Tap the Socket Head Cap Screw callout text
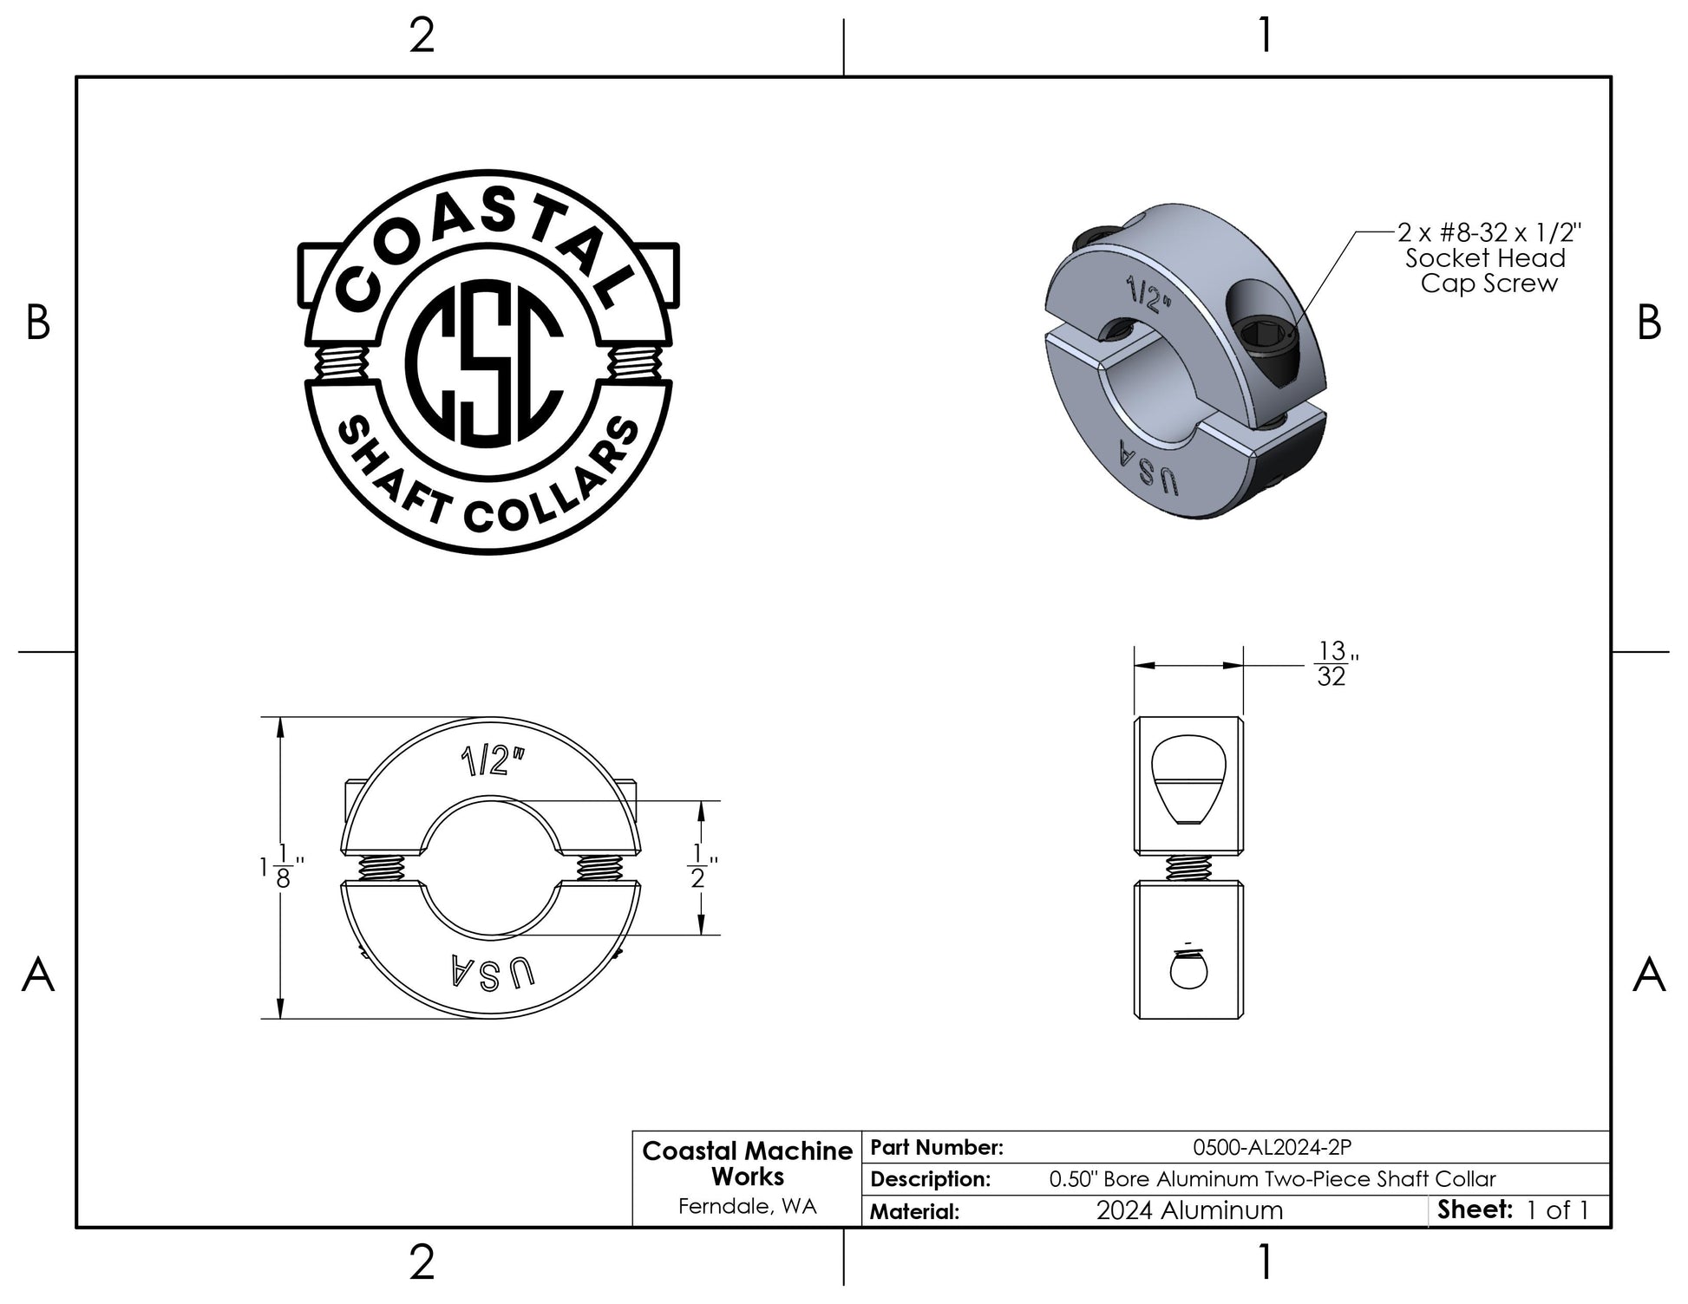tap(1488, 258)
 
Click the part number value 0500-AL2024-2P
tap(1273, 1147)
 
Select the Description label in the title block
tap(930, 1179)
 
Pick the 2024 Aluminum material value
tap(1189, 1210)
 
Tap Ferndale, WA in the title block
tap(747, 1206)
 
